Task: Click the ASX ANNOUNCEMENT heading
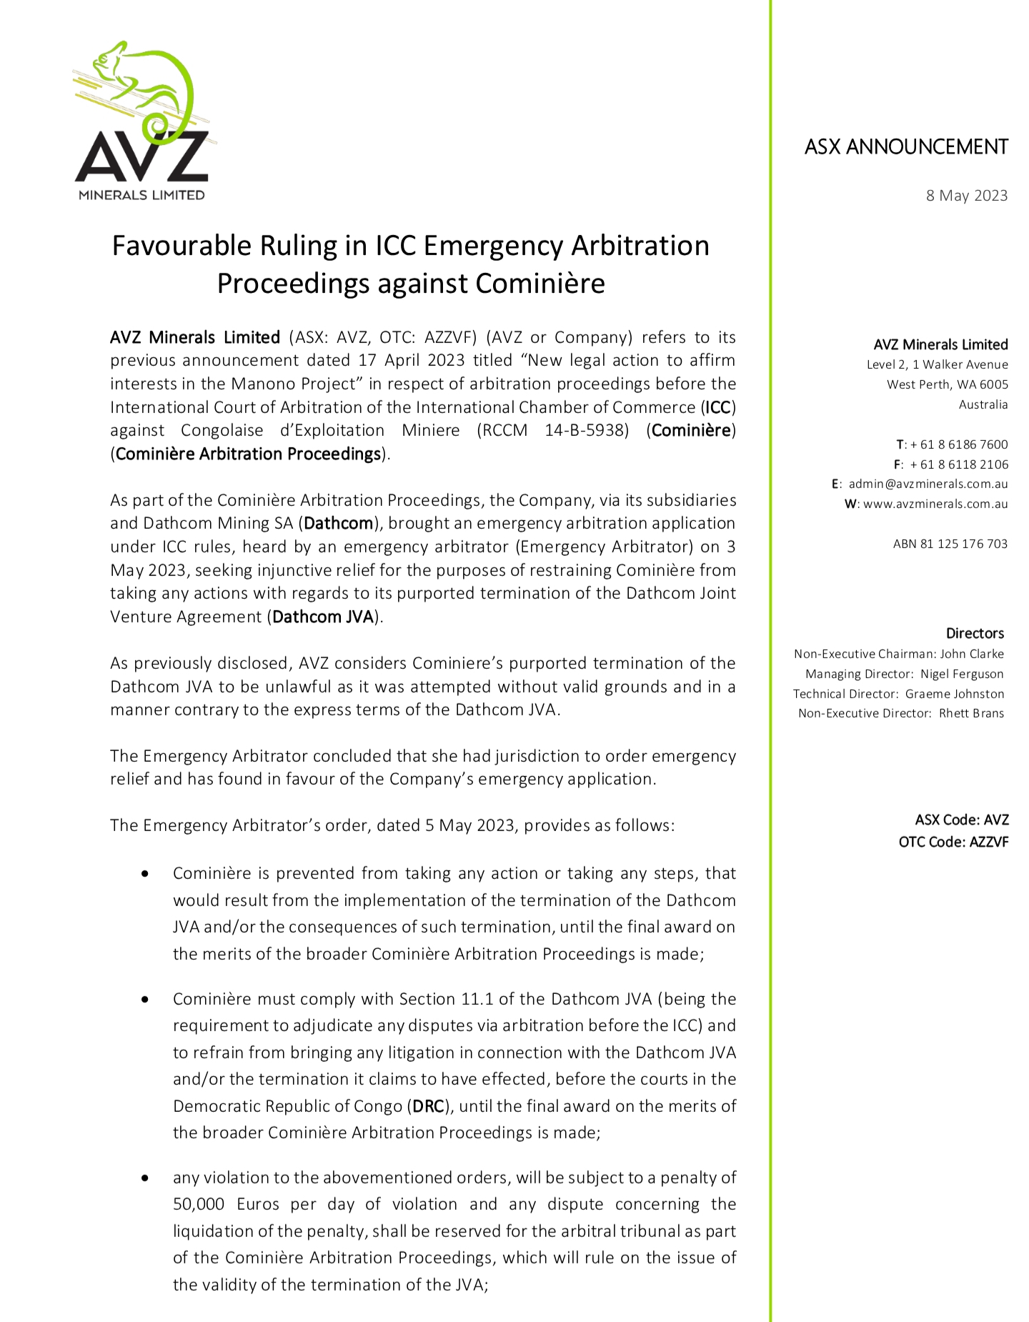(905, 147)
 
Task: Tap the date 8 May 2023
(966, 196)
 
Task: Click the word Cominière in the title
(540, 284)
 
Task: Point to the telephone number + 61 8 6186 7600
(959, 444)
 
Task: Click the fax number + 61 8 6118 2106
(959, 464)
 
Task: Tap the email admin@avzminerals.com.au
(928, 484)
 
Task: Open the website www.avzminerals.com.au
(935, 504)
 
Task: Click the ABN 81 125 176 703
(950, 544)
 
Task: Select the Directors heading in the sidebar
(975, 634)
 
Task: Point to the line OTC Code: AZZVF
(953, 843)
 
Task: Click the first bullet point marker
(146, 874)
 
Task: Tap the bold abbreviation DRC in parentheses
(429, 1106)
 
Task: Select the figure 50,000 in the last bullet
(199, 1204)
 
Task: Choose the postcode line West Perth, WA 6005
(947, 384)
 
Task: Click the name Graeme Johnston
(954, 694)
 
